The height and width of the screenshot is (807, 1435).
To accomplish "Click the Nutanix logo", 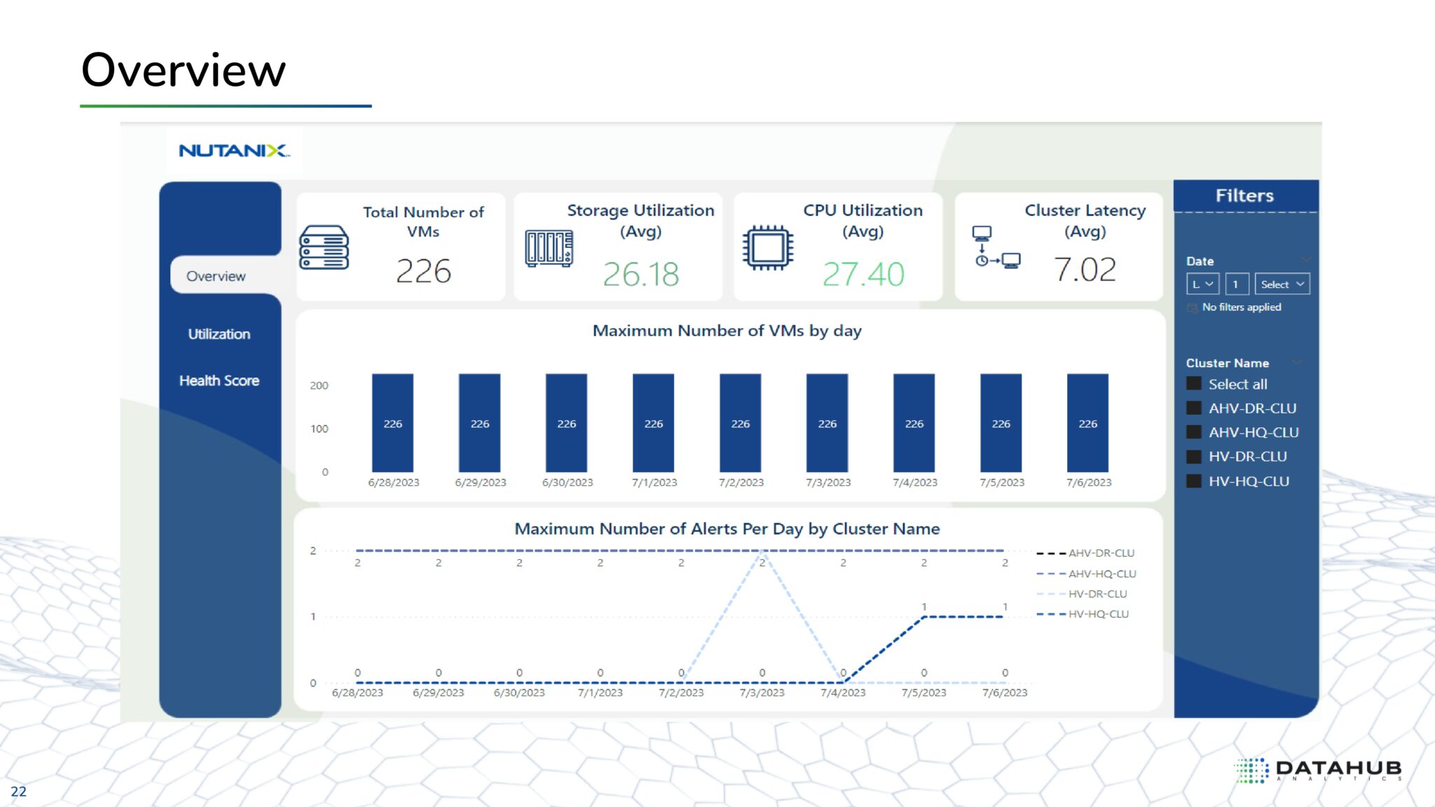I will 234,151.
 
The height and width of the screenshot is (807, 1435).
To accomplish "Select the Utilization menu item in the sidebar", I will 219,334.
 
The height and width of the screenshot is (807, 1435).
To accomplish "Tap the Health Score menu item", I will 219,380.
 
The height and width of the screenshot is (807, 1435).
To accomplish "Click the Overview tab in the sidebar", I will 216,276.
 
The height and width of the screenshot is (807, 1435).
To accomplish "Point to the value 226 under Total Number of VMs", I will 423,271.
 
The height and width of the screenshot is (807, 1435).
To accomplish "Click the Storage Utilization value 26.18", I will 640,274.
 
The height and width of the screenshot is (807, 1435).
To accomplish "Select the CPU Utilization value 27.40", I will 863,274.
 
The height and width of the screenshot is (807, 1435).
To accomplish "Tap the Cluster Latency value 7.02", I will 1085,270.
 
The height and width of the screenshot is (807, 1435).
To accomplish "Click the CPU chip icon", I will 768,247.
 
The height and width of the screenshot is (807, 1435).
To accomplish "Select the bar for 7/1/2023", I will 653,422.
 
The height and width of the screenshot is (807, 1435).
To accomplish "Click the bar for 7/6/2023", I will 1087,422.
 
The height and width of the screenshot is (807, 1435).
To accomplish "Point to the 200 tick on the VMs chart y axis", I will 319,385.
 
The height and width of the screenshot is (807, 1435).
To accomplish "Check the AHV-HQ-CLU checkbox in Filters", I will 1194,432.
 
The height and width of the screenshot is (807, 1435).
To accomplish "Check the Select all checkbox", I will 1194,384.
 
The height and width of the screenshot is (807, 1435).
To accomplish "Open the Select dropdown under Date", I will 1282,284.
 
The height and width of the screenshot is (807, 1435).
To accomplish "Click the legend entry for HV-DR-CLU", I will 1097,594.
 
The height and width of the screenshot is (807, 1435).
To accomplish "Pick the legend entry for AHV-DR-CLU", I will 1100,553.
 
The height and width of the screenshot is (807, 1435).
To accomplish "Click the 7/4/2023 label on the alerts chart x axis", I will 843,693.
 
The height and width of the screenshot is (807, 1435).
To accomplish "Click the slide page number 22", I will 18,792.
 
